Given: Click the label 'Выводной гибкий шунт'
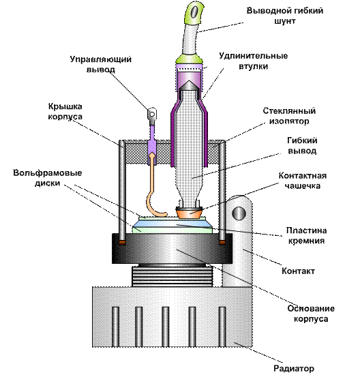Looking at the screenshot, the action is [x=285, y=16].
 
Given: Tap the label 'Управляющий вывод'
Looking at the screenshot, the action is [x=101, y=64].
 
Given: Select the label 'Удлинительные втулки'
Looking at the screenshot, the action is [x=253, y=61].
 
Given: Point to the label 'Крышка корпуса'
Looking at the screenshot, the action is [x=65, y=111].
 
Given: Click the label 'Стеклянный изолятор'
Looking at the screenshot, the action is [x=289, y=116].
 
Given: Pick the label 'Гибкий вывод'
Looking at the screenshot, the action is [x=302, y=145].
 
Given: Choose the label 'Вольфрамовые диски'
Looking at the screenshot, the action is [x=48, y=178].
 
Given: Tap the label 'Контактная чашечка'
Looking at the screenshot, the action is [x=303, y=181].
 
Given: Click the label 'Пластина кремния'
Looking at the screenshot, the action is [x=306, y=235].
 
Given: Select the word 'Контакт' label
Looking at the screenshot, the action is [x=298, y=271].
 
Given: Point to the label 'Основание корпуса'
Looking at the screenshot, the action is [x=311, y=314].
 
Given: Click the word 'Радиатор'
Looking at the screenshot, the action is [x=294, y=368].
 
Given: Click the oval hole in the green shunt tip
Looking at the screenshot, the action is [x=194, y=12].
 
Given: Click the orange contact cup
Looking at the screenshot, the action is [x=189, y=213].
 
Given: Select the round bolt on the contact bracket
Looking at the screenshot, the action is [x=239, y=213].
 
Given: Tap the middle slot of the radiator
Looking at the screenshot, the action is [x=165, y=327].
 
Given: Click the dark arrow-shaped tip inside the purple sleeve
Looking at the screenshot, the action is [x=189, y=86].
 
